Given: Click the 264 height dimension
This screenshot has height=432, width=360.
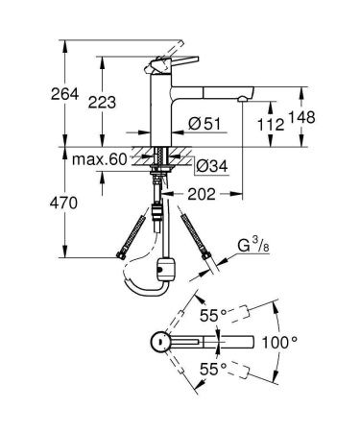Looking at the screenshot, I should click(36, 93).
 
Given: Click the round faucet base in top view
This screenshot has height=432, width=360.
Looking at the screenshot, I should click(162, 342).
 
